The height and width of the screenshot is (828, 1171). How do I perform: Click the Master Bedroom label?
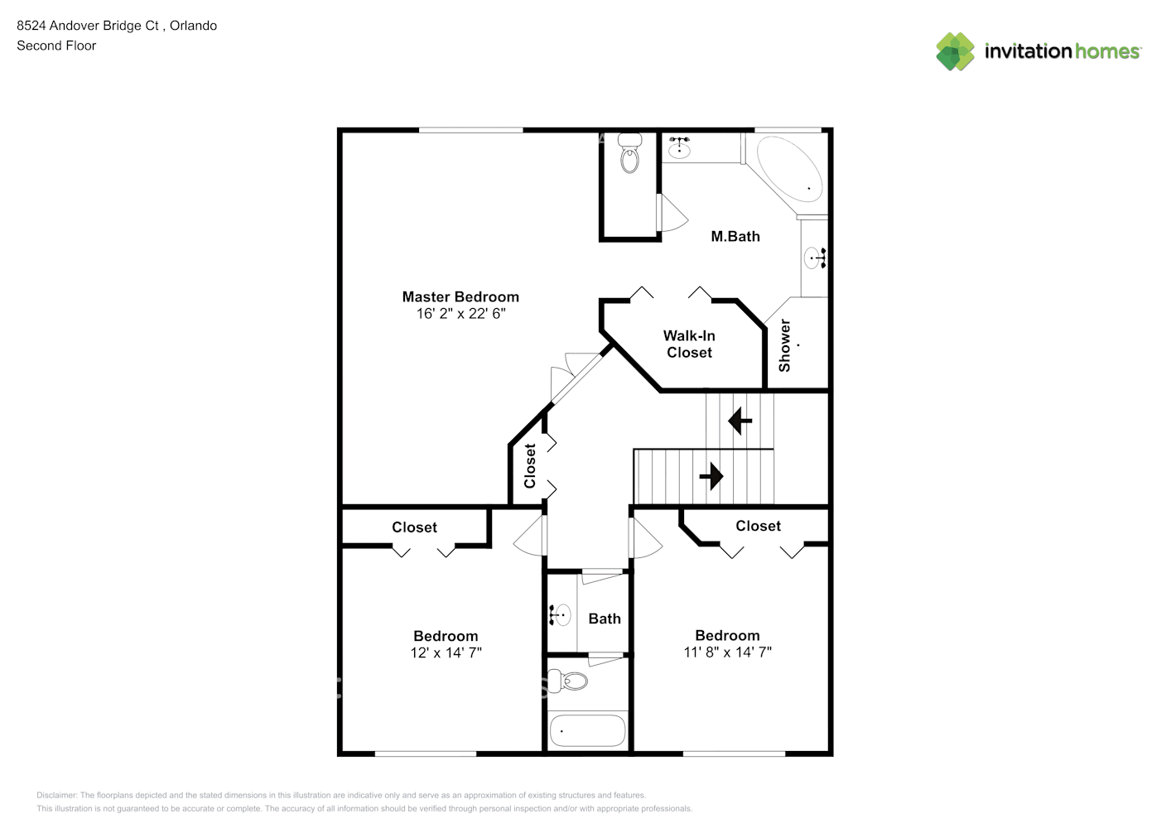pyautogui.click(x=460, y=296)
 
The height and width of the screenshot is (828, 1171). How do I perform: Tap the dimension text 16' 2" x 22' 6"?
pyautogui.click(x=460, y=314)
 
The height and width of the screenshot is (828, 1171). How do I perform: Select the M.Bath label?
pyautogui.click(x=735, y=237)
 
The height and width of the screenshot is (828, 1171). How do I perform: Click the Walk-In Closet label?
pyautogui.click(x=689, y=344)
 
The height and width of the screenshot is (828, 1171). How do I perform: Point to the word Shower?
pyautogui.click(x=785, y=345)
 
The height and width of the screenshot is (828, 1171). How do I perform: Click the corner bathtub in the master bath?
pyautogui.click(x=790, y=168)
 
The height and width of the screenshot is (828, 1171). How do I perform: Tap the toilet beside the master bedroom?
pyautogui.click(x=630, y=155)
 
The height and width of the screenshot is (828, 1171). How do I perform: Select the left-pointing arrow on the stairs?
pyautogui.click(x=740, y=421)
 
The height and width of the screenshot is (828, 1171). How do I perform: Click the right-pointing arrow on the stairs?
pyautogui.click(x=711, y=476)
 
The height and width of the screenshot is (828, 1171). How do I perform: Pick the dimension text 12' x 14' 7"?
pyautogui.click(x=446, y=653)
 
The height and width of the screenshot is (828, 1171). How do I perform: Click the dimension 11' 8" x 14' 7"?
pyautogui.click(x=727, y=652)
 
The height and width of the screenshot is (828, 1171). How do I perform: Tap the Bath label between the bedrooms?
pyautogui.click(x=605, y=619)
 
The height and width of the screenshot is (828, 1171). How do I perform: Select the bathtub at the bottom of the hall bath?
pyautogui.click(x=587, y=730)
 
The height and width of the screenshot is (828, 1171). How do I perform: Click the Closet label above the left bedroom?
pyautogui.click(x=414, y=527)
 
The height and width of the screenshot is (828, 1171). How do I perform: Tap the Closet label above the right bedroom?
pyautogui.click(x=758, y=526)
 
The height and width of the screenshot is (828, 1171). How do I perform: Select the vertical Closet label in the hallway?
pyautogui.click(x=530, y=466)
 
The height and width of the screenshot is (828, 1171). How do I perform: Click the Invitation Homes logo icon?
pyautogui.click(x=955, y=51)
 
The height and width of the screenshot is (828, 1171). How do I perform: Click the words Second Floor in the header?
pyautogui.click(x=56, y=46)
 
